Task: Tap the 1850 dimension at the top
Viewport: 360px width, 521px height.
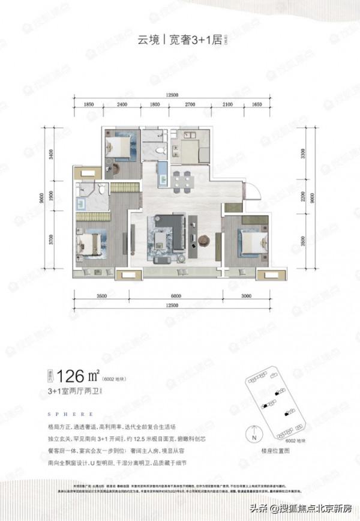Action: [89, 104]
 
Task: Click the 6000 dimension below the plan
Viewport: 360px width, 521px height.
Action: [175, 295]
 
